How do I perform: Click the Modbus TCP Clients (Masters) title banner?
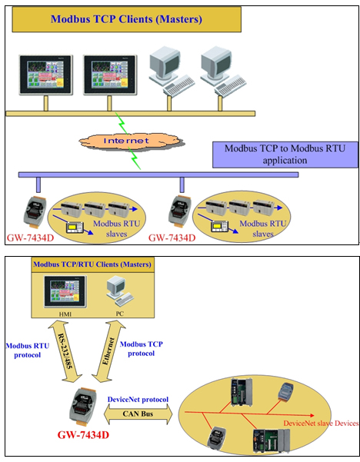click(126, 19)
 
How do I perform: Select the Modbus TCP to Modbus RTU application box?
click(285, 155)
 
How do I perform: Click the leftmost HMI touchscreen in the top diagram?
click(45, 75)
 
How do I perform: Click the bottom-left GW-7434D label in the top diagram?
click(30, 238)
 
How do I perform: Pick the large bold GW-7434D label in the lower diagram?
click(83, 434)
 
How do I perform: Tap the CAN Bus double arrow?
click(138, 414)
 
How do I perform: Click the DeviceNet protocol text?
click(138, 400)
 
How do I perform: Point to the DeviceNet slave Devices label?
click(321, 424)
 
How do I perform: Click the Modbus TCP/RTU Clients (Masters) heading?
click(92, 264)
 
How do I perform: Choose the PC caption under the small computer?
click(119, 314)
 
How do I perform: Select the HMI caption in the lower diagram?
click(65, 314)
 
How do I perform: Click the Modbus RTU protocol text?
click(28, 351)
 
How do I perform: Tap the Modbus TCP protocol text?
click(142, 348)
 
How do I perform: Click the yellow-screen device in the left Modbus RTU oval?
click(75, 228)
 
